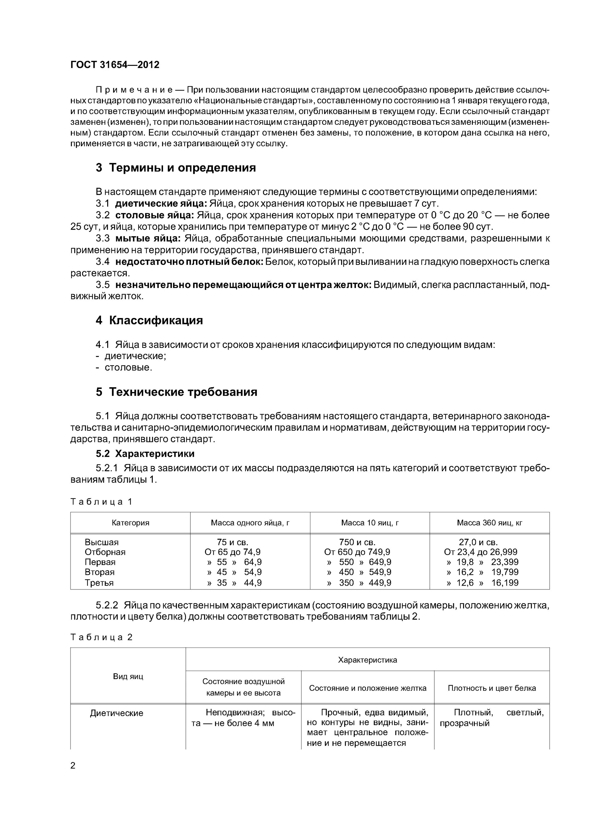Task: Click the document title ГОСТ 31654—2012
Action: click(115, 65)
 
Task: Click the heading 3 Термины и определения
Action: click(176, 168)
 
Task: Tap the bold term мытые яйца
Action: click(148, 239)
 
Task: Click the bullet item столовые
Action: click(128, 367)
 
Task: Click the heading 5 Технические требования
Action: click(177, 392)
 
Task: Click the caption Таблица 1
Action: click(101, 502)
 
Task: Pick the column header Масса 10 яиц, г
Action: click(370, 523)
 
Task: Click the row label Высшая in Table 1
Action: click(102, 542)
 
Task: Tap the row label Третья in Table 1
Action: click(99, 583)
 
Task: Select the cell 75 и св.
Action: click(232, 542)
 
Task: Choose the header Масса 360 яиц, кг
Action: click(489, 523)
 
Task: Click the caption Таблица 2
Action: click(101, 637)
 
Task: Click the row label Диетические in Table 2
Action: click(116, 713)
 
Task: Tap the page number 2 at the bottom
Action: click(73, 766)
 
